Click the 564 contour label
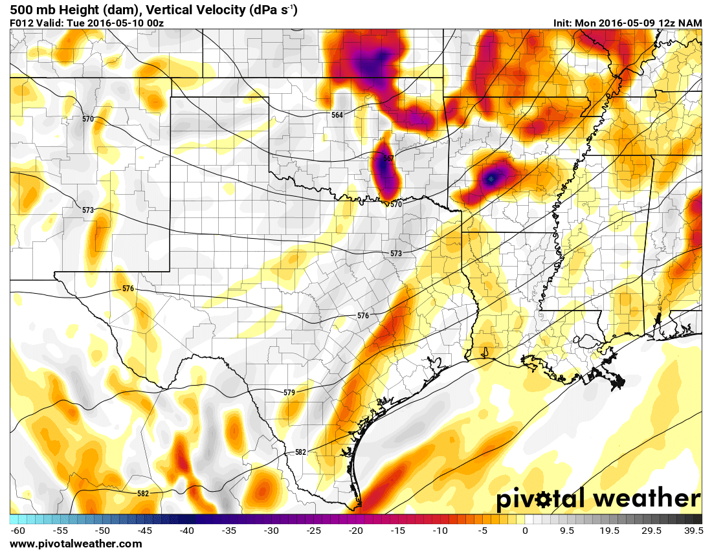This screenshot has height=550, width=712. [x=337, y=115]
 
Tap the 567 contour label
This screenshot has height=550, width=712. [x=388, y=158]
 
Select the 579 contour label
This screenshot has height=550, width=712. [x=289, y=393]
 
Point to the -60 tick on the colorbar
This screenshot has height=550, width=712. [x=18, y=531]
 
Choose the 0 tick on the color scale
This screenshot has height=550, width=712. [x=525, y=531]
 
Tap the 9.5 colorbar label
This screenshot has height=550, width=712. [x=567, y=531]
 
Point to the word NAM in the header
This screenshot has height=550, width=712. [x=691, y=23]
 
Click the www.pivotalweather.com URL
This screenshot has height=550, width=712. [x=76, y=544]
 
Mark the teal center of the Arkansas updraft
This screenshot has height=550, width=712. [x=491, y=178]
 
